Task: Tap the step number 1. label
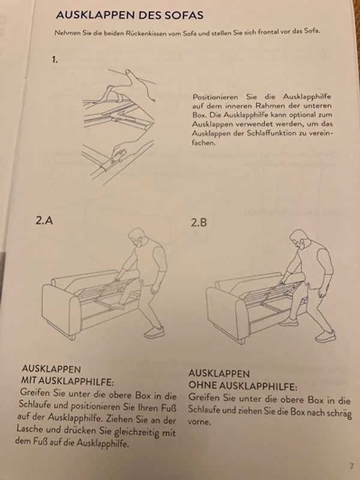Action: pos(55,60)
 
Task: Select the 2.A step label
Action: pos(44,220)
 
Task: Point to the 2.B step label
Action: pos(199,223)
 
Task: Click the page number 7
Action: pos(352,466)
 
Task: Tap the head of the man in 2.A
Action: pos(137,237)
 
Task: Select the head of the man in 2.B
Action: pos(298,239)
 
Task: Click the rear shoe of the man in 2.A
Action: pos(154,332)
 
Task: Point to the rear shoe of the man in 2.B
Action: pos(325,336)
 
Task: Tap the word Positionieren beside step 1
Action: pos(215,97)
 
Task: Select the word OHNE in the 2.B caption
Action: pos(200,385)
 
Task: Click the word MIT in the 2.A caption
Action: pos(28,380)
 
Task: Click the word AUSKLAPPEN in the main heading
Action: pos(93,15)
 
